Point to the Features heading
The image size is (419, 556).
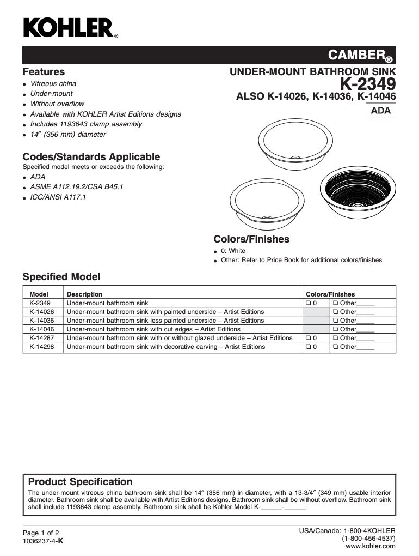coord(44,72)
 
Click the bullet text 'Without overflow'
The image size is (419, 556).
coord(57,104)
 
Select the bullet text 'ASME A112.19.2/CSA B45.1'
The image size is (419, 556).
coord(77,187)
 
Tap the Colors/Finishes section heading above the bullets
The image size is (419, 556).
coord(251,239)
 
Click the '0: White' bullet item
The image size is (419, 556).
coord(233,251)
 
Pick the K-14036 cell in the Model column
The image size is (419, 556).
coord(41,321)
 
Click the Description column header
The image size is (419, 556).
coord(84,294)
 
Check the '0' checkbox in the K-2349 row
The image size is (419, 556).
coord(308,303)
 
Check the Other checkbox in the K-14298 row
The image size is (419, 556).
coord(336,347)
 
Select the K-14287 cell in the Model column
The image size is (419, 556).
coord(41,338)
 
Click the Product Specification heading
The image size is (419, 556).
coord(80,482)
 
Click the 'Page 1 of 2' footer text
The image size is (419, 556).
coord(40,533)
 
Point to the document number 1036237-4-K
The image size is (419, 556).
coord(43,541)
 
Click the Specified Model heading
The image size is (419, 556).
coord(61,277)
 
